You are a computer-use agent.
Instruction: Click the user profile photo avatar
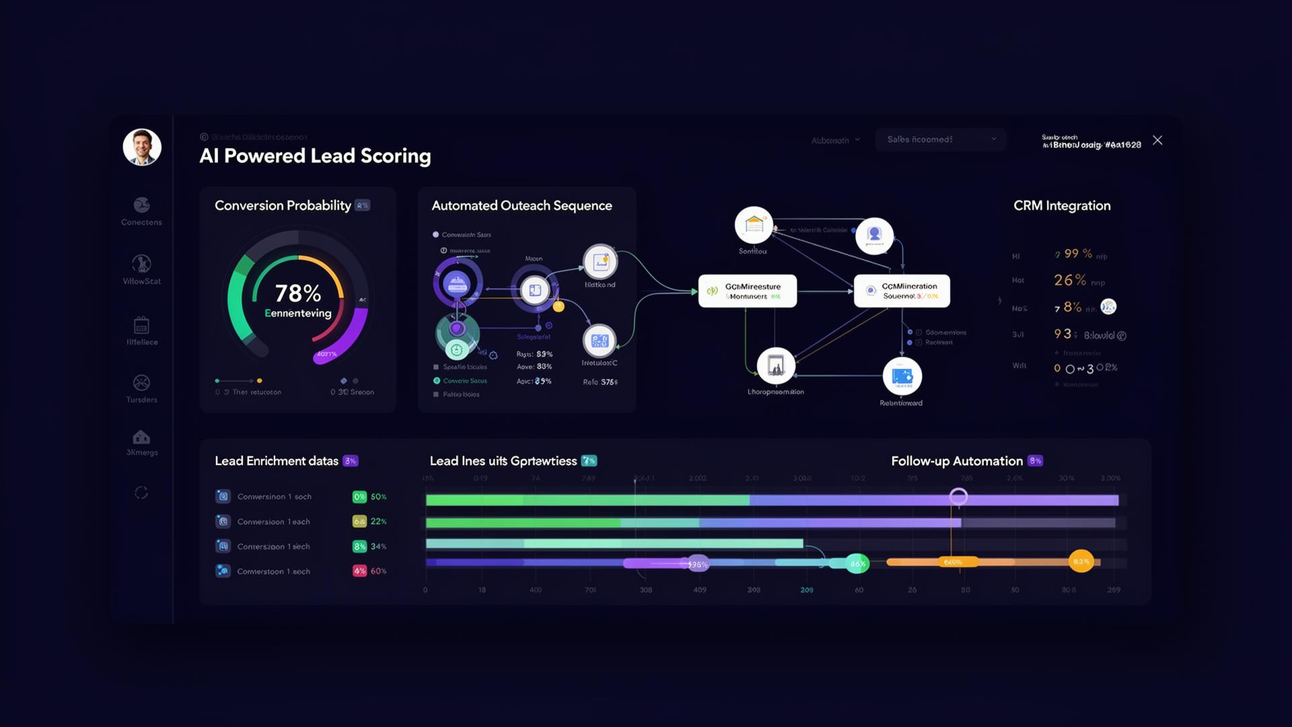(142, 147)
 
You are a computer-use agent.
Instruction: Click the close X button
(1157, 140)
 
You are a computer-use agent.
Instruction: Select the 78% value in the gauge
(297, 293)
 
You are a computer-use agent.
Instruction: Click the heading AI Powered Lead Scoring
(315, 156)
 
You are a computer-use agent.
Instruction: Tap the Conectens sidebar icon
(141, 205)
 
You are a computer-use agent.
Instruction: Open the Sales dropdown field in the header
(940, 139)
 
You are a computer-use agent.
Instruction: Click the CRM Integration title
(1062, 206)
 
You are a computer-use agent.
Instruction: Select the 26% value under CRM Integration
(1070, 280)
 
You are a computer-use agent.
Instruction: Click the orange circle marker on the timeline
(1081, 561)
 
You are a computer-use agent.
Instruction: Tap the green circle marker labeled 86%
(857, 564)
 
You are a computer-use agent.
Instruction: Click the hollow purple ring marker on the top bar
(958, 497)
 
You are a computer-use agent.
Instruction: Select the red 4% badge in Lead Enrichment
(359, 571)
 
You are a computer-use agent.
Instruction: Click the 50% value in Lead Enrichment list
(379, 497)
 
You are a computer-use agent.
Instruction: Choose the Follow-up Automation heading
(956, 461)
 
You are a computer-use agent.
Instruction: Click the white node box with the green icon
(747, 291)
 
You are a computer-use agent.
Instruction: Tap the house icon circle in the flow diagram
(754, 225)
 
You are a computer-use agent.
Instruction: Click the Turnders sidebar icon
(141, 382)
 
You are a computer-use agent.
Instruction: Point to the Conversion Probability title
(283, 206)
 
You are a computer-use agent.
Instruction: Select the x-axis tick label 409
(700, 590)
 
